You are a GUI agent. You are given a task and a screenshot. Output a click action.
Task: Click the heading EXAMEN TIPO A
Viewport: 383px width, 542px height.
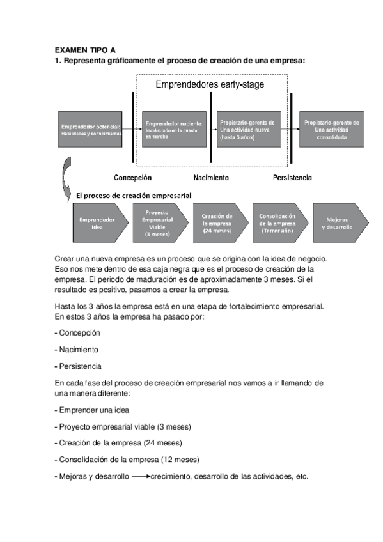[x=84, y=49]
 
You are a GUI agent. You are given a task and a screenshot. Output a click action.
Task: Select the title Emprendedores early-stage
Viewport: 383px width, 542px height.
[x=210, y=84]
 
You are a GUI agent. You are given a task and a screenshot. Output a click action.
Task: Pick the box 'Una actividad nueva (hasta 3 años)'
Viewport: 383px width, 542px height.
[x=247, y=129]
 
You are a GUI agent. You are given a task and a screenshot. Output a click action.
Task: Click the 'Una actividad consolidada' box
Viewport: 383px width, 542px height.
[x=331, y=129]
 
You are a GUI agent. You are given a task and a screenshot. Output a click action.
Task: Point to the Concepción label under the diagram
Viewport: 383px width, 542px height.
[x=132, y=178]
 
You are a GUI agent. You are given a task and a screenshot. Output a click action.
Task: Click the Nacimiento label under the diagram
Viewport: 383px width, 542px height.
[x=210, y=178]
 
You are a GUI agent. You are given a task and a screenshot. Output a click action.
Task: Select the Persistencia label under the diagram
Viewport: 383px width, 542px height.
[x=292, y=178]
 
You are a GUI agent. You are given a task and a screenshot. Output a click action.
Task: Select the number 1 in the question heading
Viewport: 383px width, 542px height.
[x=57, y=61]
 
